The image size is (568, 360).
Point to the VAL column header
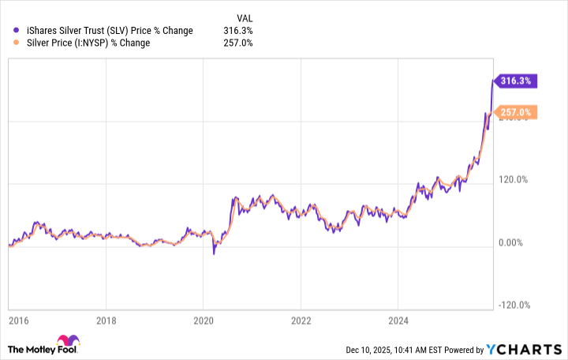[x=245, y=17]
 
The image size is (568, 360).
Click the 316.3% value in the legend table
[x=238, y=30]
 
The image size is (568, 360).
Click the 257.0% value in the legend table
[x=238, y=43]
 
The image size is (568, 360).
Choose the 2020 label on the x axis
[x=204, y=321]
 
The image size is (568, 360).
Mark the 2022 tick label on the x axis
[x=301, y=321]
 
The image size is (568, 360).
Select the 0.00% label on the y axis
[x=514, y=242]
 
